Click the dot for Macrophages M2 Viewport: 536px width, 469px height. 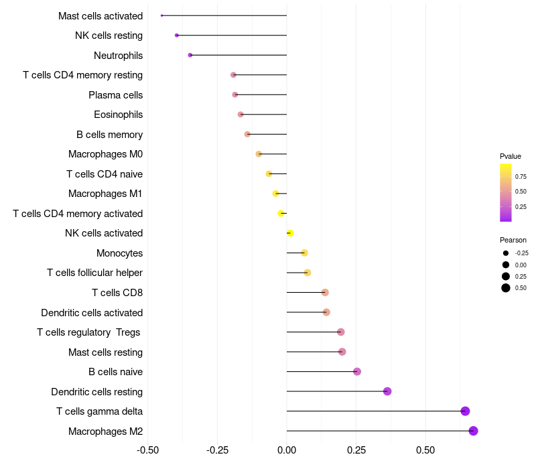point(473,431)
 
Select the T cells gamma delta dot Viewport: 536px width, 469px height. point(465,411)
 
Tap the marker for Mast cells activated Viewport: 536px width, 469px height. point(161,15)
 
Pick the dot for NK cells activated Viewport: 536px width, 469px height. point(290,233)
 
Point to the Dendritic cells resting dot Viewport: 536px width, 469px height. point(387,391)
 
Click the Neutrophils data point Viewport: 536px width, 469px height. point(190,55)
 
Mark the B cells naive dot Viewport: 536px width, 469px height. point(357,372)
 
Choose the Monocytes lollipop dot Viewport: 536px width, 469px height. point(304,253)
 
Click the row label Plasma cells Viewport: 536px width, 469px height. point(115,95)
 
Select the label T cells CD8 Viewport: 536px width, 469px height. point(117,293)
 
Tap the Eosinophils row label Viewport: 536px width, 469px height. point(119,115)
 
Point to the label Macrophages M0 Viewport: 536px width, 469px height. point(106,154)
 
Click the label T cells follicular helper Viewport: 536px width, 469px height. point(94,273)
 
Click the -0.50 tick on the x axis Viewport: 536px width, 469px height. point(147,450)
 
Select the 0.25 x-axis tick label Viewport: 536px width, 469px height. point(356,450)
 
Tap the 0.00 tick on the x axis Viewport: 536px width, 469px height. point(287,450)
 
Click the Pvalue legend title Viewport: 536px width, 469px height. point(511,157)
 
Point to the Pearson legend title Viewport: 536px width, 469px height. point(513,240)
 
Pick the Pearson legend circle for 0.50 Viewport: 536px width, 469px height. point(506,288)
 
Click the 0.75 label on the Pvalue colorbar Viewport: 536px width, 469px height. point(521,177)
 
